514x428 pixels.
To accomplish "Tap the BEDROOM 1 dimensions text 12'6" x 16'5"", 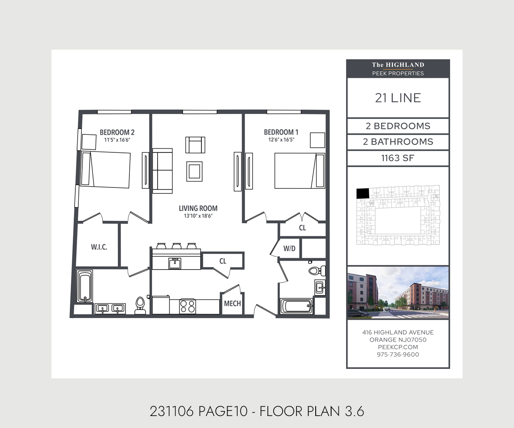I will coord(281,140).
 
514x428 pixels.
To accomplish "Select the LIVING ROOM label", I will coord(198,208).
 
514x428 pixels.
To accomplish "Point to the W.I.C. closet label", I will coord(99,247).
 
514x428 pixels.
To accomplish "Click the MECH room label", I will coord(233,303).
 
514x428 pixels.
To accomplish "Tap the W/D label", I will coord(290,248).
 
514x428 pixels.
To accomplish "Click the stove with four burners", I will coord(187,306).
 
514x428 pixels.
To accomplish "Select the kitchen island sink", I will coord(174,263).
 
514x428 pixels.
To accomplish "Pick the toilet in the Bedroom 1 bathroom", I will coord(316,270).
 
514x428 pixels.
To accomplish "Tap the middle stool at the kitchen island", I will coord(176,246).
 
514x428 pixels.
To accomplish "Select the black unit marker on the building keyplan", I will coord(362,193).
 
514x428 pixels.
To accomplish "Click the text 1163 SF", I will coord(397,158).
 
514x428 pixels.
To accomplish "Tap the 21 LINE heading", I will coord(397,98).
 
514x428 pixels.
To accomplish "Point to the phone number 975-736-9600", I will coord(397,354).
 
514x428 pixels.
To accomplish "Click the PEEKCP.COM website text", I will coord(397,347).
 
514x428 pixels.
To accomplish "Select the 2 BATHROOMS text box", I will coord(397,142).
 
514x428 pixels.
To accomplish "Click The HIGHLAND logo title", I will coord(397,65).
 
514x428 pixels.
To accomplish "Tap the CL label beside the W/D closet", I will coord(302,228).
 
